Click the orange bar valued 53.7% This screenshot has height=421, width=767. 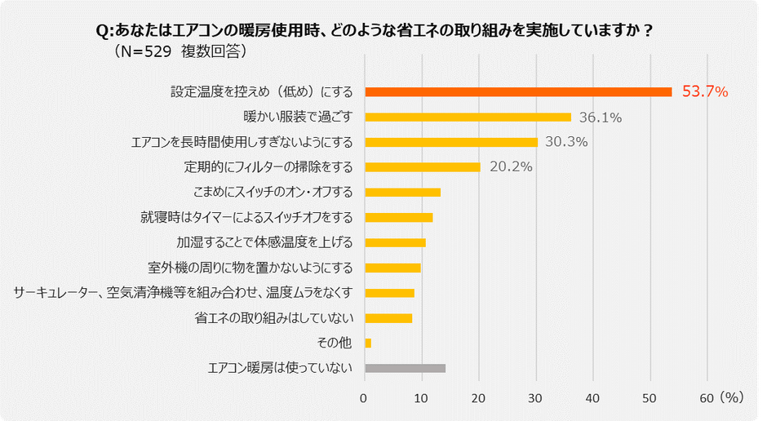click(x=518, y=91)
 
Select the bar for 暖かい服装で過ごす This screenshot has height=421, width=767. click(x=468, y=117)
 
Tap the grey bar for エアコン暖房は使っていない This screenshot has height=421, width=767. click(x=405, y=368)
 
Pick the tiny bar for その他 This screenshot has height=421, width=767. click(x=368, y=343)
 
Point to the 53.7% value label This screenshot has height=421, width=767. click(x=704, y=91)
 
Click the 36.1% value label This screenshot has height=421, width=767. click(x=600, y=117)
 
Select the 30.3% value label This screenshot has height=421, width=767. click(x=565, y=142)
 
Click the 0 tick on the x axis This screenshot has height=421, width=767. click(x=365, y=397)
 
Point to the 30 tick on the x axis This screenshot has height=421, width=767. click(x=536, y=397)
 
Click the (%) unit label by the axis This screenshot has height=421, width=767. click(x=731, y=397)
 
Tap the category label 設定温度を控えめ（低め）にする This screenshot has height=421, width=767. click(x=261, y=91)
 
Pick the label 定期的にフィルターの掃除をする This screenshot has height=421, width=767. click(x=269, y=167)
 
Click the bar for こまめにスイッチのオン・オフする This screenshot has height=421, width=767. click(x=402, y=193)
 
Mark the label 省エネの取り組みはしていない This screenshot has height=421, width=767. click(x=273, y=317)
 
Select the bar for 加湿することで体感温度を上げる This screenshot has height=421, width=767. click(x=395, y=242)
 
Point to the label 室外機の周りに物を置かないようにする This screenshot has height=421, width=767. click(x=250, y=268)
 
